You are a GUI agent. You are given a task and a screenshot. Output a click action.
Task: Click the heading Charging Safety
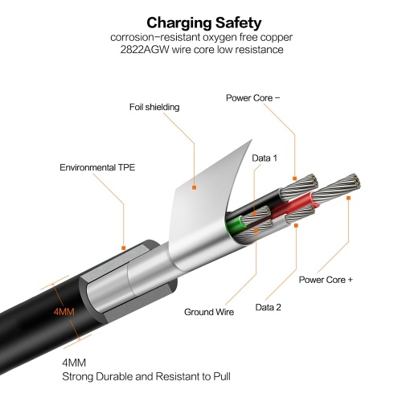204,23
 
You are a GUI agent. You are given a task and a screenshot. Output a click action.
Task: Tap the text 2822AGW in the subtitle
145,50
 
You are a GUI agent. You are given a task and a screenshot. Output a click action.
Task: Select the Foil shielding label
154,107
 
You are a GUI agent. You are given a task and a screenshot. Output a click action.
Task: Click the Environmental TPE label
97,167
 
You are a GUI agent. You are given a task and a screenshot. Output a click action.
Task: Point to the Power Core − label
252,98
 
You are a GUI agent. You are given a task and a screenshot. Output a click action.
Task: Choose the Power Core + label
326,280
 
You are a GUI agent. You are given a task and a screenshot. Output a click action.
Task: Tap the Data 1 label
265,158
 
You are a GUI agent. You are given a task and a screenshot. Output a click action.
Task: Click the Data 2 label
269,307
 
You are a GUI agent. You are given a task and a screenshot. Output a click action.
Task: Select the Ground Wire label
209,312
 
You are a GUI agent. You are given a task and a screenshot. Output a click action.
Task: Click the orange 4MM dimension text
64,312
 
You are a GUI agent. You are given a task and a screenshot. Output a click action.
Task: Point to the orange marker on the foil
194,187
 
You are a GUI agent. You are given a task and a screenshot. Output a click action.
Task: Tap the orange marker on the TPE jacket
124,248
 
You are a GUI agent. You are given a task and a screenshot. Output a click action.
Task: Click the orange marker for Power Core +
348,198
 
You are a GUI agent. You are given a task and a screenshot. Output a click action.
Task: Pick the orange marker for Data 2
296,226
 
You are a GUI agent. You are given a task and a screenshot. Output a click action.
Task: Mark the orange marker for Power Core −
295,178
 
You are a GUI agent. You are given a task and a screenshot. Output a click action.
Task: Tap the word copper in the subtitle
277,38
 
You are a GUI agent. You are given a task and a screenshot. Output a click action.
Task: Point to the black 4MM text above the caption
74,363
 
